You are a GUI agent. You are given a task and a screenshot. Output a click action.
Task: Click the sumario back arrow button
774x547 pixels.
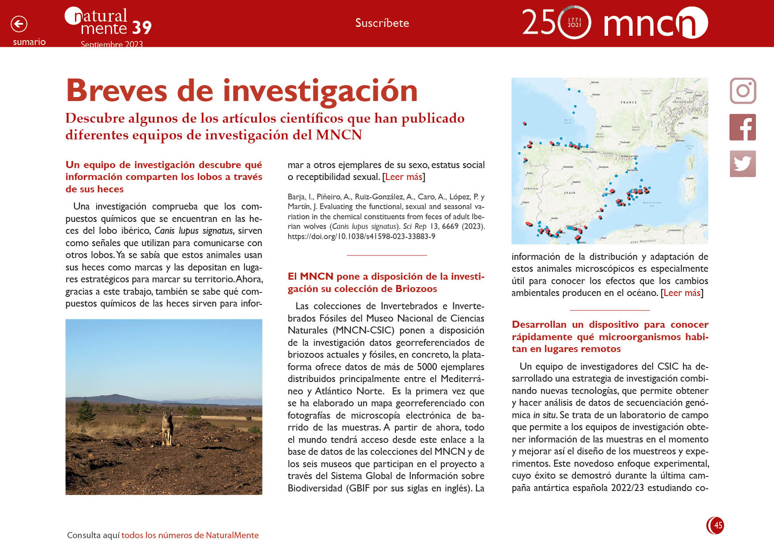[19, 24]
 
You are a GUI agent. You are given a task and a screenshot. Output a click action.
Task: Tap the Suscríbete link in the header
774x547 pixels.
[382, 23]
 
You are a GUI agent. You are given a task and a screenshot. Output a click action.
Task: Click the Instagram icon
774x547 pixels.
[743, 91]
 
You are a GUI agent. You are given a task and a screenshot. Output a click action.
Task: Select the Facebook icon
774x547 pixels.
[743, 127]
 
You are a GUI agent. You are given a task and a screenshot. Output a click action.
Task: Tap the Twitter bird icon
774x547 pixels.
[743, 164]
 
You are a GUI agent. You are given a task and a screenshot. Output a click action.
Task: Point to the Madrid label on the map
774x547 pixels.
[576, 182]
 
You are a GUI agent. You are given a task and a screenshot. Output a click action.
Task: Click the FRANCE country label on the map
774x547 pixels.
[629, 102]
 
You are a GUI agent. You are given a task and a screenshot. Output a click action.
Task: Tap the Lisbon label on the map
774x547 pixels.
[525, 202]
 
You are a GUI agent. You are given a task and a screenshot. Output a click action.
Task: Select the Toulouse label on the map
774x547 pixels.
[625, 142]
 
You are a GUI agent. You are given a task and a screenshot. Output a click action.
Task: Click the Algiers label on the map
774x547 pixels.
[639, 225]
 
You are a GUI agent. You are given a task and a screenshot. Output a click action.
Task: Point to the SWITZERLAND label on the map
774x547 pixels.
[683, 102]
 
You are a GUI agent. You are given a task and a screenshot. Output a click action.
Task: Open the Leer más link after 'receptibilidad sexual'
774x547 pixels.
[404, 177]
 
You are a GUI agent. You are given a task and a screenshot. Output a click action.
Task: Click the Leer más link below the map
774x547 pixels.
[682, 293]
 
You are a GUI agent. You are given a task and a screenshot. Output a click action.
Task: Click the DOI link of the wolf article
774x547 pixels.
[361, 236]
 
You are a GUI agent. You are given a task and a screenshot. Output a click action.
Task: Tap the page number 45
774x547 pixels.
[718, 525]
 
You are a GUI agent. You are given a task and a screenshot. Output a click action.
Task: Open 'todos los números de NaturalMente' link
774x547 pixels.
[190, 535]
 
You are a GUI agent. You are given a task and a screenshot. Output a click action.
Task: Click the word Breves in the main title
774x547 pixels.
[116, 91]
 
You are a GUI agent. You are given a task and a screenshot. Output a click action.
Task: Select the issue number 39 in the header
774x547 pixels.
[141, 28]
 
